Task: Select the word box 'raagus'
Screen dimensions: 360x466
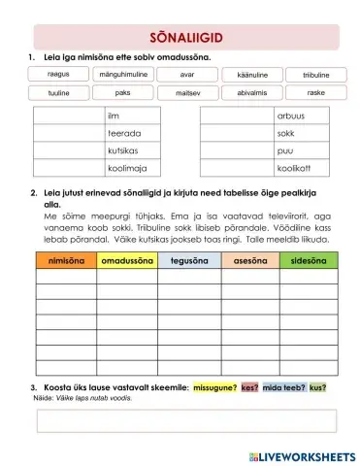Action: click(58, 74)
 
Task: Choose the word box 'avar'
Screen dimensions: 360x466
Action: click(187, 74)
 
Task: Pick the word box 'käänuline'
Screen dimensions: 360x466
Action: click(251, 75)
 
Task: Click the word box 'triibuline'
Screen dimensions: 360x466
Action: click(315, 75)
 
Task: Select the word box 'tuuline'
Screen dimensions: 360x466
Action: click(58, 93)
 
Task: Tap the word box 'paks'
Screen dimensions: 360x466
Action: click(123, 93)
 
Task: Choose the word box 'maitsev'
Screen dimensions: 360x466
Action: click(187, 93)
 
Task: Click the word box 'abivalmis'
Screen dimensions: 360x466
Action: click(251, 93)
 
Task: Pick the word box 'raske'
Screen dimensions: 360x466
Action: click(315, 93)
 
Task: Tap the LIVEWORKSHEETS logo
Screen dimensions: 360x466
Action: click(301, 454)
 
